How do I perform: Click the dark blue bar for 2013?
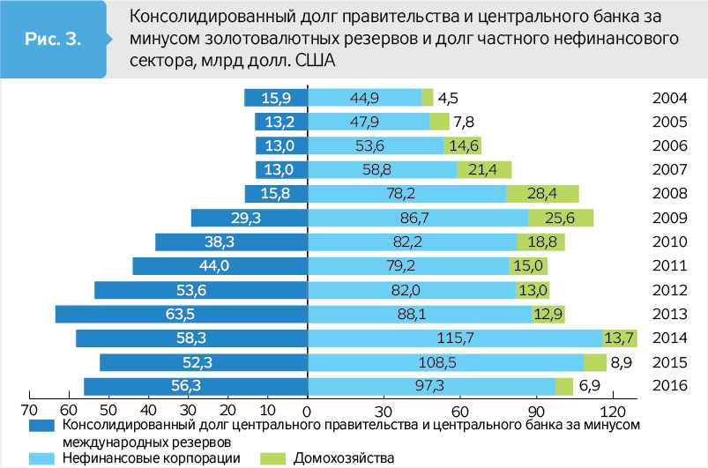coord(181,314)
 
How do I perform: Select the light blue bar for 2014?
coord(454,338)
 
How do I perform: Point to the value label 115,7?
coord(454,338)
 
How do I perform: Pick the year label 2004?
coord(669,98)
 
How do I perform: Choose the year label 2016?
coord(669,386)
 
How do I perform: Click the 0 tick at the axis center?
coord(307,410)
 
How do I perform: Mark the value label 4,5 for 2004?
coord(448,98)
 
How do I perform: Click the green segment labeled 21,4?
coord(484,170)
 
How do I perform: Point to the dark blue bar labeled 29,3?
coord(249,218)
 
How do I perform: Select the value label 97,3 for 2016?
coord(430,386)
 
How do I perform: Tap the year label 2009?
coord(669,218)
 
